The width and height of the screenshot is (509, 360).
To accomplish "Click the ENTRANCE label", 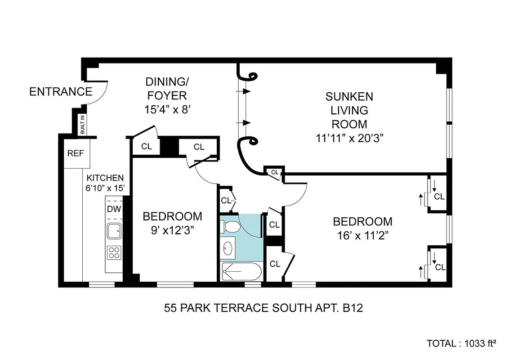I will click(61, 92).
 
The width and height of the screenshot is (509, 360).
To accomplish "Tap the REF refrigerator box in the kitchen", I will click(75, 153).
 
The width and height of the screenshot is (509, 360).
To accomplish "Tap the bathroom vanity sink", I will click(228, 247).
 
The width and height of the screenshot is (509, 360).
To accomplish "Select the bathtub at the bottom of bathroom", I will click(241, 272).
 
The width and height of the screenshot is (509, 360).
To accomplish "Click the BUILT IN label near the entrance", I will click(83, 125).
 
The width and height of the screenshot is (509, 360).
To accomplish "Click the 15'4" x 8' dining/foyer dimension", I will click(166, 109).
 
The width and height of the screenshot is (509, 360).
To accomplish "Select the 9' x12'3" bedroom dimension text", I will click(172, 230).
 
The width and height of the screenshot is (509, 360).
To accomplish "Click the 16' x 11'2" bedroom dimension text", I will click(362, 235).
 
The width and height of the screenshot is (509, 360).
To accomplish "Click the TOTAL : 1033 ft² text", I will click(461, 343).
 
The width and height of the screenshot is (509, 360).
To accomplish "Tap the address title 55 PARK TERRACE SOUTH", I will click(263, 308).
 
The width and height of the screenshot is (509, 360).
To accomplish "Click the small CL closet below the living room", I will click(274, 172).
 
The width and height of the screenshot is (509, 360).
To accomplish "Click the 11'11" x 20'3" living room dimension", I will click(349, 138).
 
